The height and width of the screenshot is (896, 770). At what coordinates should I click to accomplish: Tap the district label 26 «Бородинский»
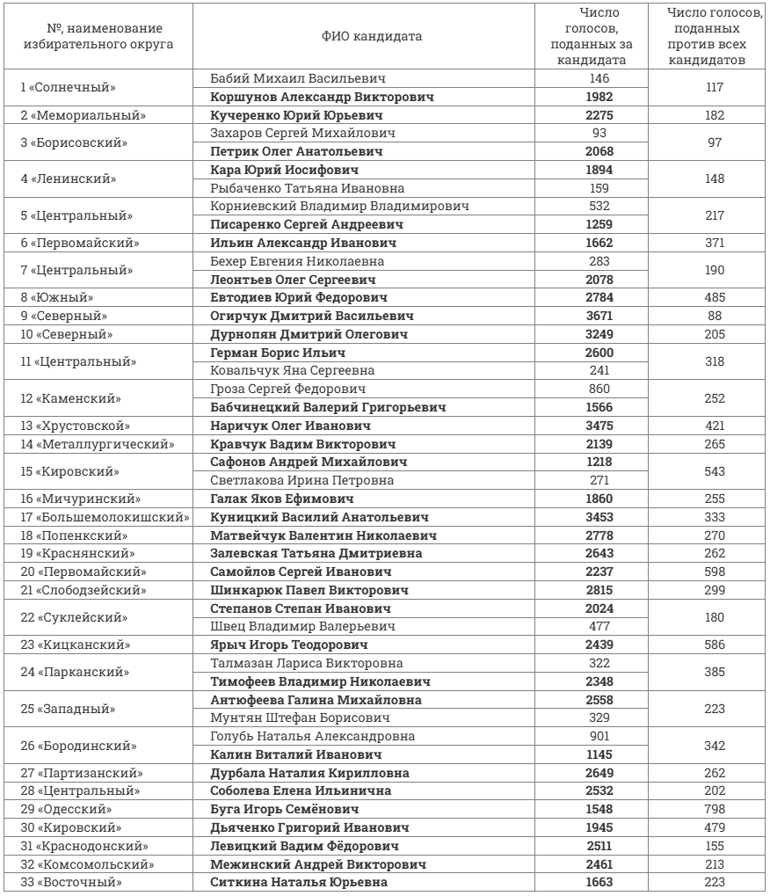[x=77, y=745]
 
